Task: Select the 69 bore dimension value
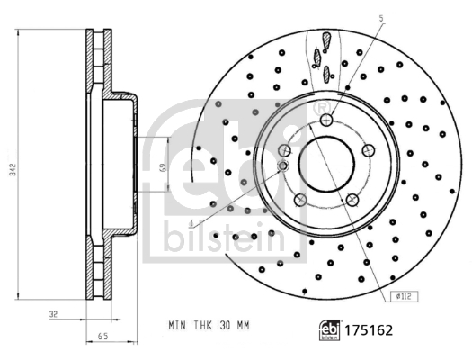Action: (x=161, y=167)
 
